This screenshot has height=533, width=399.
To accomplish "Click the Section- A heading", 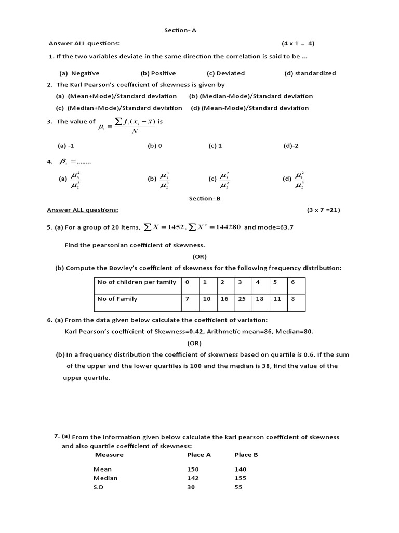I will pos(180,30).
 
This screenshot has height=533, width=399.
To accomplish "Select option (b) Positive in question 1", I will pos(158,73).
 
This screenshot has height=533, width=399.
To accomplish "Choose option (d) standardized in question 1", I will pos(310,73).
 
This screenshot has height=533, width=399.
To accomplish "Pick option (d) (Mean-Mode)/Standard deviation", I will pos(249,108).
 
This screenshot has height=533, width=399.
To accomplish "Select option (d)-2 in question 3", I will pos(291,146).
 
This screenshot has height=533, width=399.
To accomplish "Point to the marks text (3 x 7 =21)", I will pos(323,210).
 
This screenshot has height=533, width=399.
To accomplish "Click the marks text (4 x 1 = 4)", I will pos(298,43).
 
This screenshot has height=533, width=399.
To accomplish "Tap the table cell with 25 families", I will pos(241,299).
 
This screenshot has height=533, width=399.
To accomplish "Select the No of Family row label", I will pos(117,299).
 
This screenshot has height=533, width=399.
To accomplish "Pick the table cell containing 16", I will pos(223,299).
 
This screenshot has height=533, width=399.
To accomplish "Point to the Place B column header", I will pos(246,455).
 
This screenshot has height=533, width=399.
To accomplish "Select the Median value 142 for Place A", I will pos(193,478).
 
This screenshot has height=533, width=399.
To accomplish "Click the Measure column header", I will pos(109,455).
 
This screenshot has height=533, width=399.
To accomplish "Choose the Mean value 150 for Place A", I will pos(193,469).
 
